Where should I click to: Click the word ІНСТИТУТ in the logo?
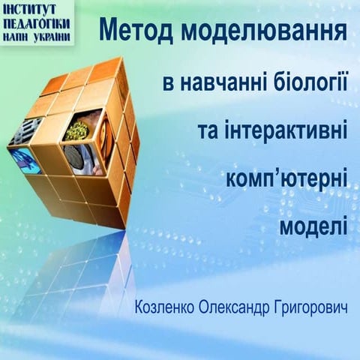(x=37, y=10)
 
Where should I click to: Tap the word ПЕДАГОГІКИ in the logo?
(x=37, y=23)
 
